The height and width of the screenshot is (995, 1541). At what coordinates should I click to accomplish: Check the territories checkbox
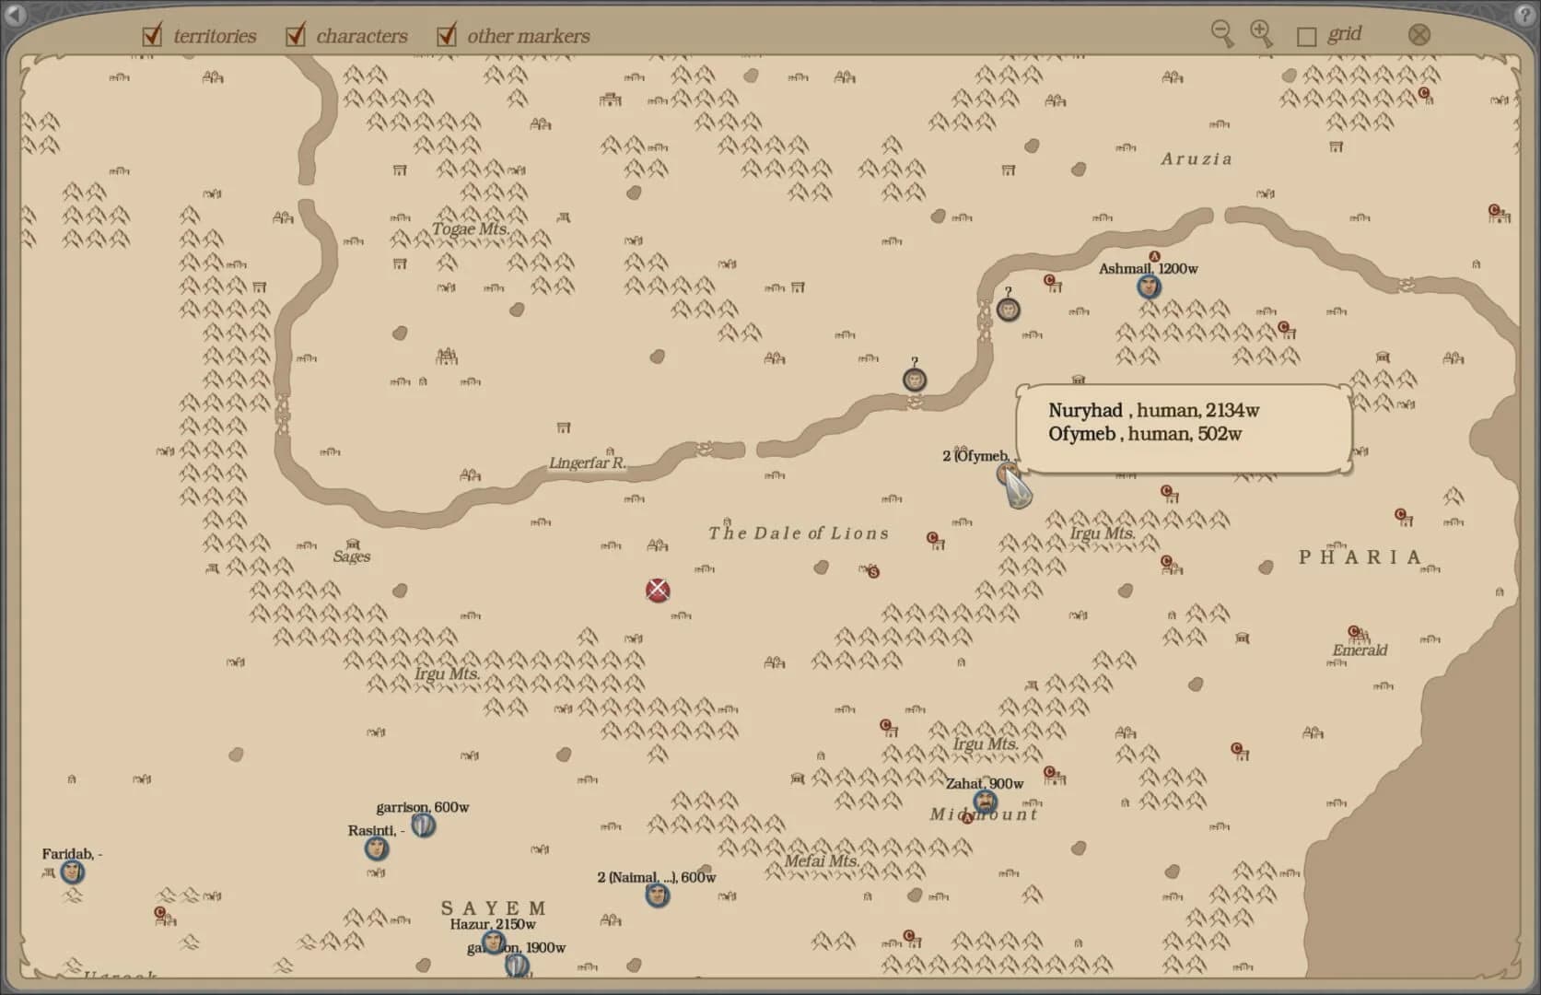point(152,36)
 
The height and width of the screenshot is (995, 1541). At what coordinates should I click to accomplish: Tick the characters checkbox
point(295,36)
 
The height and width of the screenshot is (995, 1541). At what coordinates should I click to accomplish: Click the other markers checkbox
point(447,36)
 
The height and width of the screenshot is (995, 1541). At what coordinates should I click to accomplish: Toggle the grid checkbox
point(1306,36)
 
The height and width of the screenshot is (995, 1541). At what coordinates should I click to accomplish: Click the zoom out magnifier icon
point(1221,33)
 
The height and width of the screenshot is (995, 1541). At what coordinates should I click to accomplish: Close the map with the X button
point(1419,35)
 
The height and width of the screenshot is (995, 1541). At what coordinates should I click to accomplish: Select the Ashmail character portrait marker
point(1148,287)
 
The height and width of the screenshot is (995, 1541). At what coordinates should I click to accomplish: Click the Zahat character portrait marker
point(985,801)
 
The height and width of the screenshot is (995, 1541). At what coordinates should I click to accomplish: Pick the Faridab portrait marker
point(72,871)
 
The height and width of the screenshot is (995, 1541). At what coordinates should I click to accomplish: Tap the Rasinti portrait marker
point(376,848)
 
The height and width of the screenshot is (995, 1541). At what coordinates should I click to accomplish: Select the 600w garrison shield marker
point(423,825)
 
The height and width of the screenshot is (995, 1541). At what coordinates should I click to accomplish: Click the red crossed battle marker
point(658,591)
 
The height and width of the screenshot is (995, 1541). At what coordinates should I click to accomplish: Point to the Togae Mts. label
point(470,228)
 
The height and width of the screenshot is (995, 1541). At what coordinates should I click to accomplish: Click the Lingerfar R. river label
point(587,462)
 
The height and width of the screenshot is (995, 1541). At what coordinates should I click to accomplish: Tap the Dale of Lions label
point(799,533)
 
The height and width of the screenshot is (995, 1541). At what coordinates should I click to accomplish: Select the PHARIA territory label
point(1360,557)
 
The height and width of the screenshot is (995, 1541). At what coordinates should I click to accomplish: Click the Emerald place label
point(1360,650)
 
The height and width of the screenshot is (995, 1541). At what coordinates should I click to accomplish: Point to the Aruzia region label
point(1196,158)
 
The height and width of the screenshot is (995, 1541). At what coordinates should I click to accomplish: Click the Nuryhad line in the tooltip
point(1153,411)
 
